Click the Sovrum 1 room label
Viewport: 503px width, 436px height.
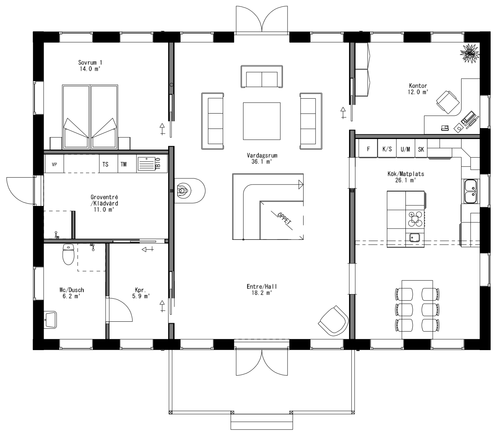(87, 65)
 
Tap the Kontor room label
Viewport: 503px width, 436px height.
(417, 89)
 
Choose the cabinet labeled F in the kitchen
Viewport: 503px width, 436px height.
(368, 149)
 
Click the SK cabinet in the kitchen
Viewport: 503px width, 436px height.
(421, 149)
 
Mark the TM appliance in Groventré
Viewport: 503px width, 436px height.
(124, 164)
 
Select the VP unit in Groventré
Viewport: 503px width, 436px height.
(55, 164)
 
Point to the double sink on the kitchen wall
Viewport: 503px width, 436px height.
(470, 191)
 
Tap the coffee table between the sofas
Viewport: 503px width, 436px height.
(262, 121)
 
